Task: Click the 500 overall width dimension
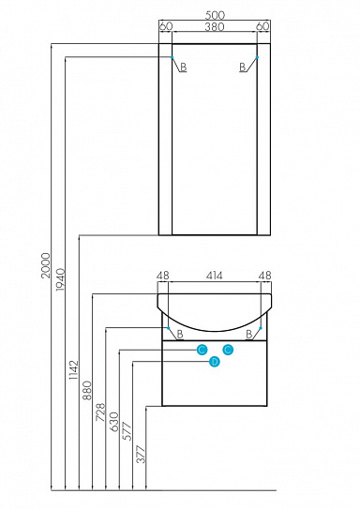click(x=215, y=15)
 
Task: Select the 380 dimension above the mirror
click(x=215, y=26)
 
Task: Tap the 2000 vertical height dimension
click(x=46, y=265)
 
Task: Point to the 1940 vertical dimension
click(x=60, y=279)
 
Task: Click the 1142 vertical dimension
click(x=74, y=370)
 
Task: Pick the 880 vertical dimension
click(x=87, y=391)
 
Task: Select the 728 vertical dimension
click(x=101, y=412)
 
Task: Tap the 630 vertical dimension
click(x=114, y=422)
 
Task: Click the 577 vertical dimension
click(x=127, y=431)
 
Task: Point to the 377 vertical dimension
click(x=142, y=454)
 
